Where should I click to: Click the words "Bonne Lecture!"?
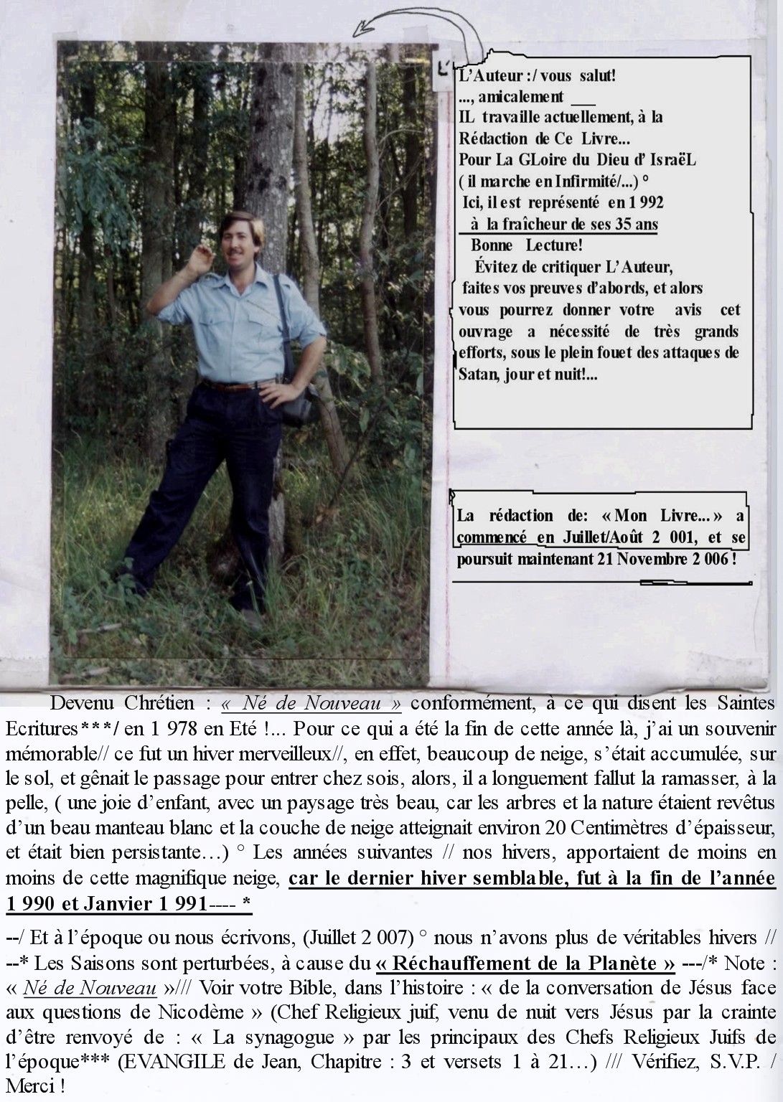pos(527,246)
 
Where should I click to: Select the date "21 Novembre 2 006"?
pos(661,559)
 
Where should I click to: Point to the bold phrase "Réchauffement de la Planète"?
pos(525,963)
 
